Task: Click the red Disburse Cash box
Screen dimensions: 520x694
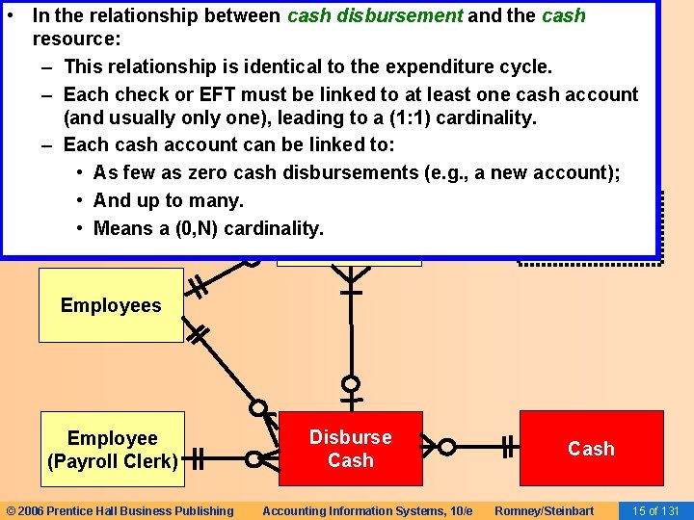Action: [x=350, y=449]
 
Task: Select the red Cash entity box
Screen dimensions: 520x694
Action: [x=591, y=449]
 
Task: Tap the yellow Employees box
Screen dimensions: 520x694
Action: [x=111, y=305]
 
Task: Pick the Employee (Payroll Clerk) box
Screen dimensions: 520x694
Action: [x=112, y=449]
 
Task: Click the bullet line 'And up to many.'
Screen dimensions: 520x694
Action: [x=168, y=200]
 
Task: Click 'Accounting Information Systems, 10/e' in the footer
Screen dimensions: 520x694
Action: [x=367, y=510]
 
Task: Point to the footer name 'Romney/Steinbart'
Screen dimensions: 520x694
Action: [x=545, y=510]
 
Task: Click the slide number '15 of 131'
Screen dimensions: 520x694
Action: [x=655, y=510]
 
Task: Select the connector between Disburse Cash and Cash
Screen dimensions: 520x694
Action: [x=472, y=447]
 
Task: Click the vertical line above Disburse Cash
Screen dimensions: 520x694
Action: [x=351, y=337]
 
